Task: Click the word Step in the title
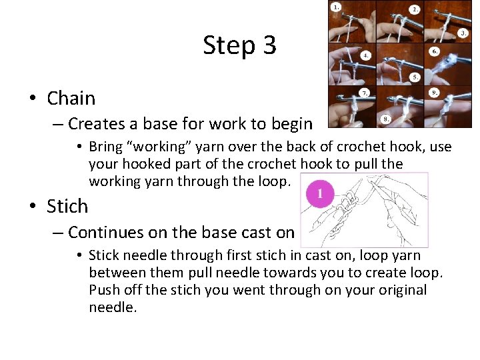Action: tap(229, 45)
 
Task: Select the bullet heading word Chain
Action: tap(71, 99)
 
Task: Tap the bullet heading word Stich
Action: tap(67, 207)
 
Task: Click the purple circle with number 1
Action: tap(319, 195)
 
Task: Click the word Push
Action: tap(104, 291)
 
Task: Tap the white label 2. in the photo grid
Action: tap(415, 9)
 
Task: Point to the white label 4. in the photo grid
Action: tap(366, 57)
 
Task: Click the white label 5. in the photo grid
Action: tap(415, 77)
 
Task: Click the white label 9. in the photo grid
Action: tap(434, 92)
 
